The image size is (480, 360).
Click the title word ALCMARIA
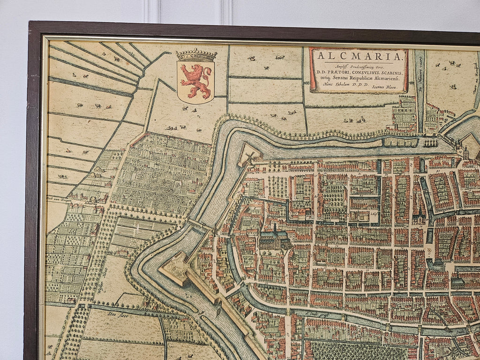point(358,57)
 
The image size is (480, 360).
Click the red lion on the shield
point(195,81)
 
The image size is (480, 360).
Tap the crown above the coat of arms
point(196,55)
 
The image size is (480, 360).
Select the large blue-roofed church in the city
point(275,239)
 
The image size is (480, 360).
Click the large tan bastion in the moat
point(175,269)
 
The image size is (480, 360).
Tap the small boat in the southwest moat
point(217,310)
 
